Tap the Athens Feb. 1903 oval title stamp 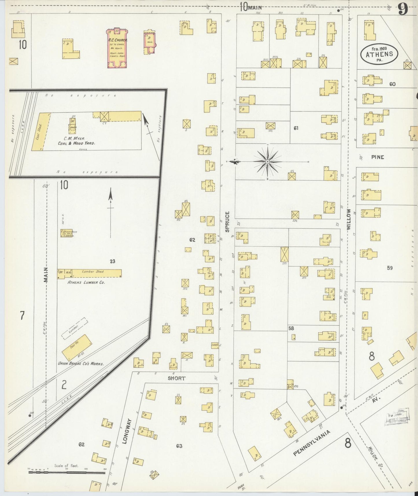tap(379, 54)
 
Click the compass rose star tap(268, 161)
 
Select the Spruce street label tap(227, 222)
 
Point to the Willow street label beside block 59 tap(349, 219)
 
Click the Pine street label tap(378, 157)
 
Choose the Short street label tap(176, 378)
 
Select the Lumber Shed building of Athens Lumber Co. tap(96, 273)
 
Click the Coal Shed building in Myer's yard tap(40, 132)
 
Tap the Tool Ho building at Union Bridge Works tap(77, 348)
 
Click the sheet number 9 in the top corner tap(403, 9)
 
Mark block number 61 tap(296, 128)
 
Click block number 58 tap(291, 328)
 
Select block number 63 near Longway tap(179, 446)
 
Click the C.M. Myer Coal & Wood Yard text tap(76, 141)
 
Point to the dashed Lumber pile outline tap(74, 328)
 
